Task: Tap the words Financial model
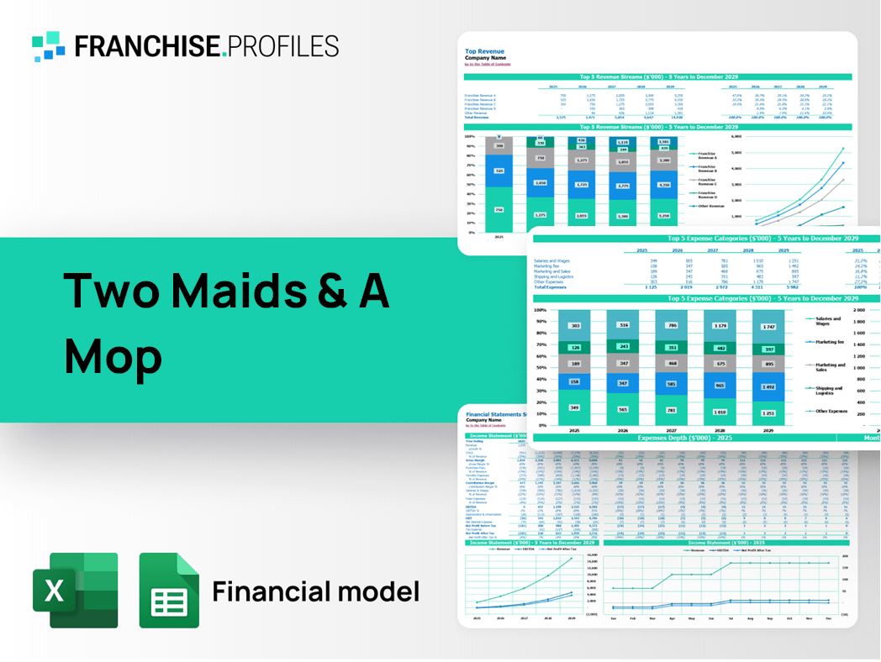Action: point(315,591)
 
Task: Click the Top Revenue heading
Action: point(485,51)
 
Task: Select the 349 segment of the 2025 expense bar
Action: point(574,408)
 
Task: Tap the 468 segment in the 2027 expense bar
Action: point(672,364)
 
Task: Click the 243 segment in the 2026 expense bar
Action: point(623,347)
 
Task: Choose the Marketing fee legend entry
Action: point(828,342)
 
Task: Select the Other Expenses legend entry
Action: point(829,412)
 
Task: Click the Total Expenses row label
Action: point(552,287)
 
